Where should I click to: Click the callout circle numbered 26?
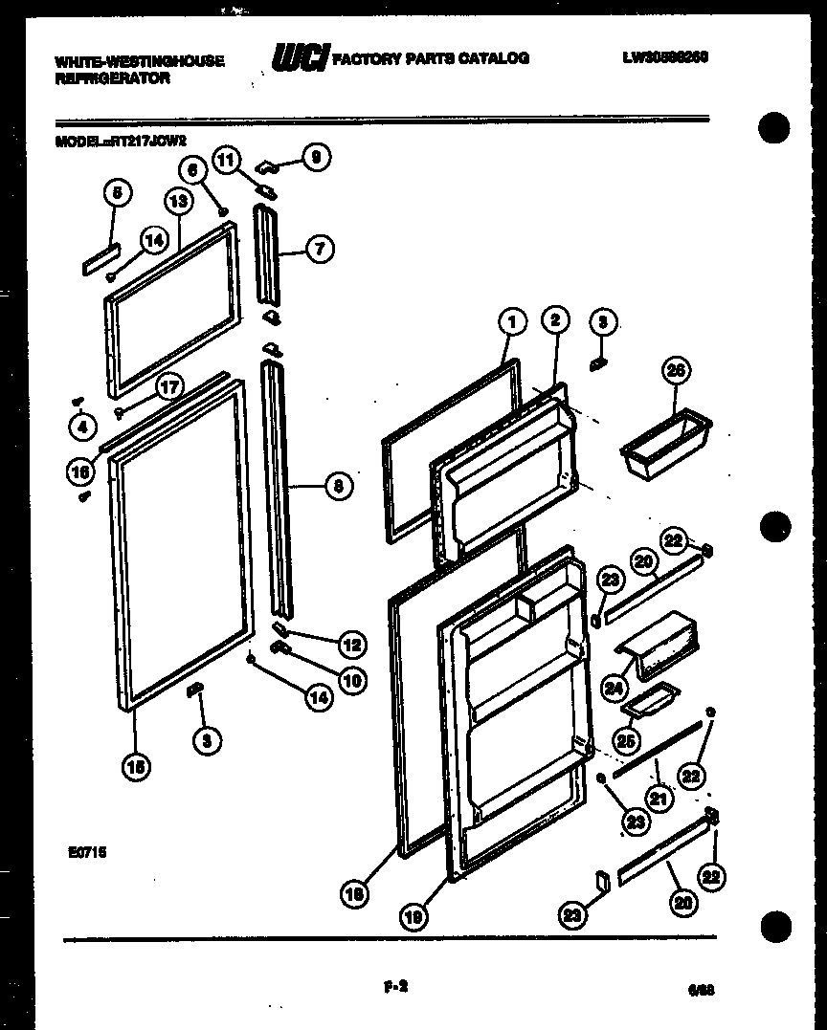tap(679, 371)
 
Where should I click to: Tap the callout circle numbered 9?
tap(316, 157)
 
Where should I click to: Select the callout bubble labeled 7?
tap(319, 250)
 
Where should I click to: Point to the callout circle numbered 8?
tap(338, 487)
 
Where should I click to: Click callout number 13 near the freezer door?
tap(178, 201)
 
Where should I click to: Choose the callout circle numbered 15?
tap(136, 765)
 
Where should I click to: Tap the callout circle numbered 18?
tap(355, 894)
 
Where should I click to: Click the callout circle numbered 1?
tap(512, 322)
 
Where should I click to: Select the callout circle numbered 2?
tap(555, 321)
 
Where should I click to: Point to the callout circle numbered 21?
tap(658, 796)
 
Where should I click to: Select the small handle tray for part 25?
tap(651, 700)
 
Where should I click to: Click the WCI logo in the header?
tap(301, 59)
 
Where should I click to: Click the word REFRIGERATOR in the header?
tap(112, 79)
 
